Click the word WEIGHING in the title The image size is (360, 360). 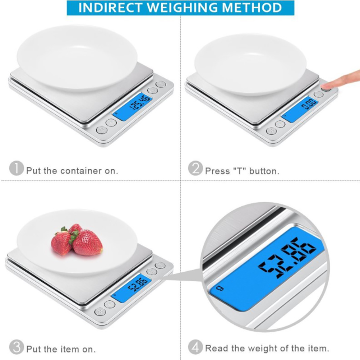point(182,8)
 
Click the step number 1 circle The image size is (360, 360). point(16,168)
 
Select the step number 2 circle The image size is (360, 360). point(195,168)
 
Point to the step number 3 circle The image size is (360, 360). point(16,347)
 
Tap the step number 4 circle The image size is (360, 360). point(195,347)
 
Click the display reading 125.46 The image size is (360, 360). point(140,102)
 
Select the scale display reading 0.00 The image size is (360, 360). point(309,104)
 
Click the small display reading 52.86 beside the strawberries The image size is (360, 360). point(138,284)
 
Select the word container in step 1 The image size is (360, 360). point(81,171)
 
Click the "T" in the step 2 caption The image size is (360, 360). point(240,171)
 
